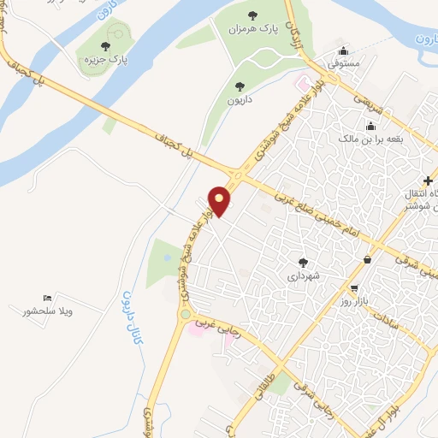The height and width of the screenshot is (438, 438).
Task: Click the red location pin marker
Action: pyautogui.click(x=220, y=201)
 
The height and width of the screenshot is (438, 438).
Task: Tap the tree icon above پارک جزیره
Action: pyautogui.click(x=105, y=47)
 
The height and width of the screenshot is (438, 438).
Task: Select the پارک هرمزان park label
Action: pyautogui.click(x=252, y=29)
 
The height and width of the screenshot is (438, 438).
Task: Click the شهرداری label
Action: pyautogui.click(x=302, y=276)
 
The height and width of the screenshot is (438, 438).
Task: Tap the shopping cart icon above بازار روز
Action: pyautogui.click(x=354, y=288)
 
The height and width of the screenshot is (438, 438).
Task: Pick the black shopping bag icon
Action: pyautogui.click(x=367, y=259)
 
